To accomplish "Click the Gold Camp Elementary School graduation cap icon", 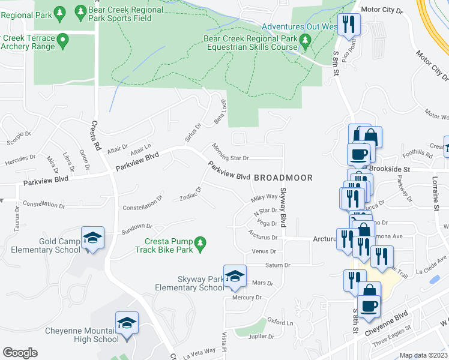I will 92,238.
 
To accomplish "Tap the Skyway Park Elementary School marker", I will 235,277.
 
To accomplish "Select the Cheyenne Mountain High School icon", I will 127,323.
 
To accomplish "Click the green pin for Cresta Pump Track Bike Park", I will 202,244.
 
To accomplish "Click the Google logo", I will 20,353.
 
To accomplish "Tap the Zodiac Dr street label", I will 190,194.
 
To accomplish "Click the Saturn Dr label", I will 278,265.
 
